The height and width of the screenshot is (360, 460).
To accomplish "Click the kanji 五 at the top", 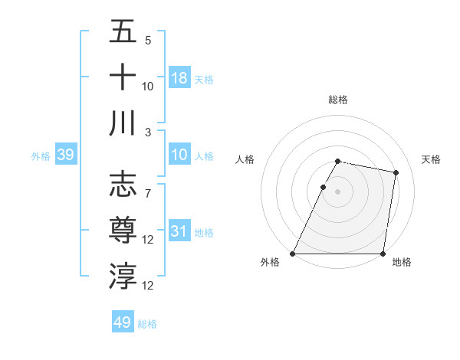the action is tap(123, 33).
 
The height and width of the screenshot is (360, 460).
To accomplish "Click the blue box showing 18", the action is tap(179, 78).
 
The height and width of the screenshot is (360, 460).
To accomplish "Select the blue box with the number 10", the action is tap(179, 155).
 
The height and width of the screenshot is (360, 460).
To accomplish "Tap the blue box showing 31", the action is tap(179, 231).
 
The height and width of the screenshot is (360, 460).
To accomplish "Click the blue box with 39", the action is tap(65, 155).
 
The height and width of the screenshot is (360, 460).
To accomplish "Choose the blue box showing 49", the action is tap(123, 322).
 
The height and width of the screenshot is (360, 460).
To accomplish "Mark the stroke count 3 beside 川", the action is tap(148, 132).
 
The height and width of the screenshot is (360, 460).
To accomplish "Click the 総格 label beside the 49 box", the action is tap(147, 324).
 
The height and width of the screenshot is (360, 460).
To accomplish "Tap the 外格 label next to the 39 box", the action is tap(41, 156).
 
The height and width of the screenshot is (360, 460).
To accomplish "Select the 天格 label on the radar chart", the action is tap(431, 159).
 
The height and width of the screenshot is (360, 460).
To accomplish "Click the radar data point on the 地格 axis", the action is tap(383, 254).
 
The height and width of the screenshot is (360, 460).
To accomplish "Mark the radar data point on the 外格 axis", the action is tap(293, 254).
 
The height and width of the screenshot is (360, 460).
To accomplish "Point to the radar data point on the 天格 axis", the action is tap(396, 173).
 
